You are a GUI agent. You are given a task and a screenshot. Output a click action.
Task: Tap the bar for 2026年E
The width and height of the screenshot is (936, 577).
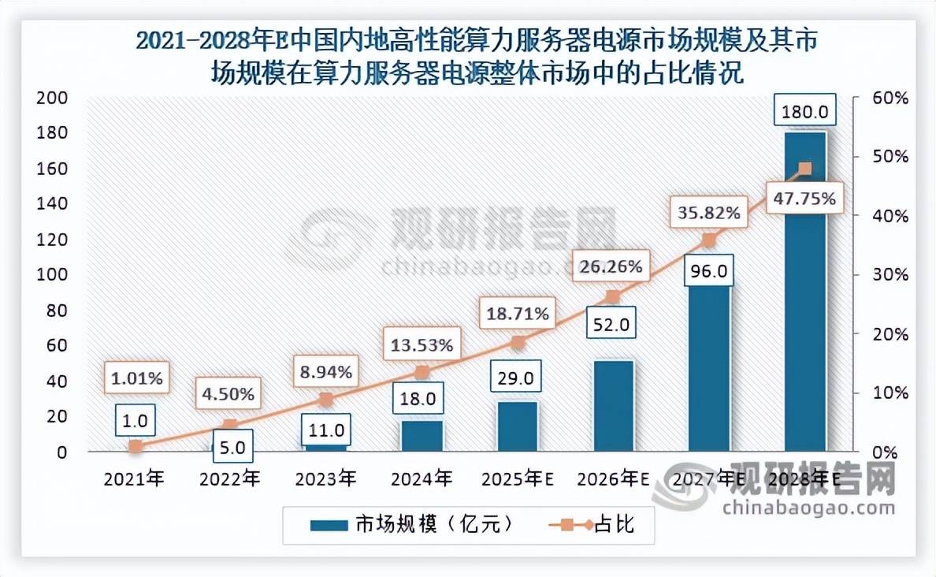(x=613, y=406)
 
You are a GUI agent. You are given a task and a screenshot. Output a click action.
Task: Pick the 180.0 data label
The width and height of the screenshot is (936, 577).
(x=804, y=110)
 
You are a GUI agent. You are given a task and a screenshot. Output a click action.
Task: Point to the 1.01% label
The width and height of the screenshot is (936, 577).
(x=135, y=378)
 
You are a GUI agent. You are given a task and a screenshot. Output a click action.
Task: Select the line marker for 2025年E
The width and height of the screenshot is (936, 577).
(x=518, y=343)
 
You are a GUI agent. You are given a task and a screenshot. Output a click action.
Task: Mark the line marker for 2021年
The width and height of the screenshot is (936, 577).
(x=136, y=446)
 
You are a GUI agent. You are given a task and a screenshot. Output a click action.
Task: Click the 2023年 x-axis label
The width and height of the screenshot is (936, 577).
(x=325, y=478)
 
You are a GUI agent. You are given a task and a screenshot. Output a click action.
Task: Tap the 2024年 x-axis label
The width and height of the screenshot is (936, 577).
(x=422, y=478)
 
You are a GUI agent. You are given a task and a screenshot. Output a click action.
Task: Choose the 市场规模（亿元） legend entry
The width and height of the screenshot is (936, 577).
(x=413, y=524)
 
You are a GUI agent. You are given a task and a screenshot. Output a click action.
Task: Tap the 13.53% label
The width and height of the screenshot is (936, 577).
(x=422, y=344)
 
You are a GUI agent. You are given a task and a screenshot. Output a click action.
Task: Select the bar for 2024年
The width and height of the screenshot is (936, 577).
(x=422, y=436)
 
